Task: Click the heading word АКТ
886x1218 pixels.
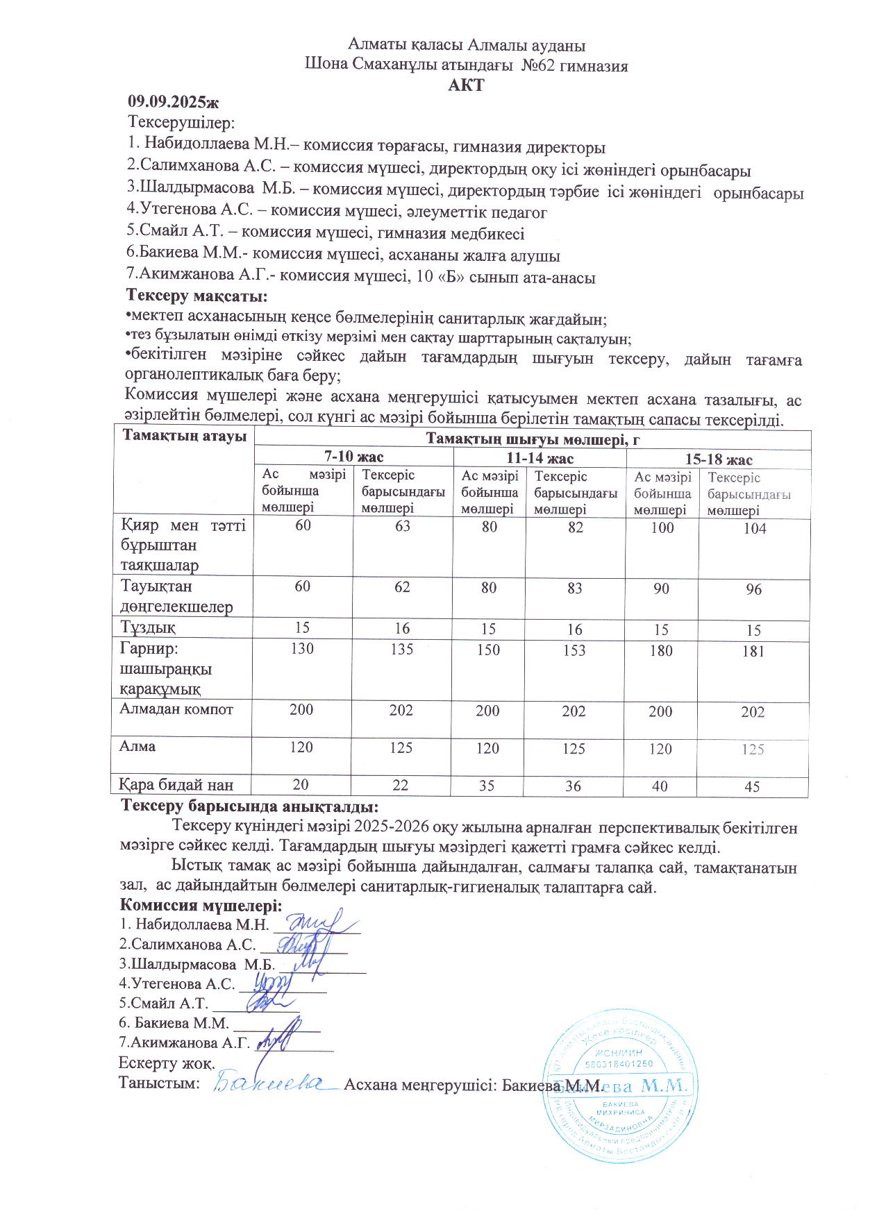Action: (x=466, y=85)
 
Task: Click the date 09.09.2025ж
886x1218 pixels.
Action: (x=173, y=102)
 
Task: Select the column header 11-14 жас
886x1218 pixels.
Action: (x=540, y=458)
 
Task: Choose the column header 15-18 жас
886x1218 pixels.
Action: (x=719, y=459)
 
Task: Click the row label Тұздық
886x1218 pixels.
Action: (x=148, y=627)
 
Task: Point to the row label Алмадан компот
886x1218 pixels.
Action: (x=176, y=709)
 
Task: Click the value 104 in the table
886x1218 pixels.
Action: (x=754, y=528)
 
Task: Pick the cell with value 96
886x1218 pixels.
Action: (x=753, y=589)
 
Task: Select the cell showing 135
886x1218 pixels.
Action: (x=402, y=649)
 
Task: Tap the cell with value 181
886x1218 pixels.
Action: (x=753, y=651)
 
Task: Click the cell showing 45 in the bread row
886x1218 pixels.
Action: (x=752, y=787)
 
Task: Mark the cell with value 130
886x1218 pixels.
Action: (x=302, y=648)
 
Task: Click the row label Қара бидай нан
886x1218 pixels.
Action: (x=176, y=785)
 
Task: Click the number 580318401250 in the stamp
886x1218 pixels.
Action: (x=620, y=1064)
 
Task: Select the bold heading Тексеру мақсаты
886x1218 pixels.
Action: (x=197, y=296)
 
